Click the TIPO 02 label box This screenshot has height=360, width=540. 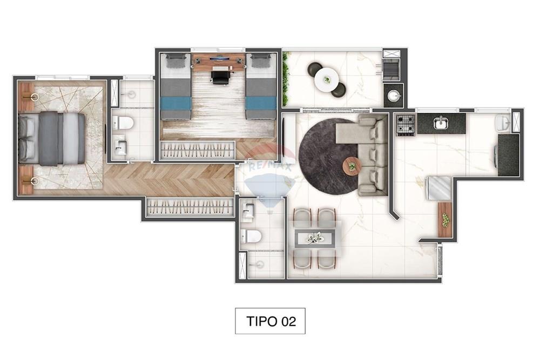pyautogui.click(x=271, y=321)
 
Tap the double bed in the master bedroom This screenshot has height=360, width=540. pyautogui.click(x=52, y=138)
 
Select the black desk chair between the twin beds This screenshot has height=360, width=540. pyautogui.click(x=220, y=77)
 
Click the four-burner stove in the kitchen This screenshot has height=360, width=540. pyautogui.click(x=406, y=125)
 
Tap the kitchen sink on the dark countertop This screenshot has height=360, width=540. pyautogui.click(x=441, y=123)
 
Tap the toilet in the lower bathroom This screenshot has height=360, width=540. pyautogui.click(x=252, y=236)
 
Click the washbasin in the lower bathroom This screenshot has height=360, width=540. pyautogui.click(x=248, y=212)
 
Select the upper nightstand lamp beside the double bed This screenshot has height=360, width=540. pyautogui.click(x=33, y=97)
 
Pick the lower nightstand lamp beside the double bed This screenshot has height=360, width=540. pyautogui.click(x=33, y=181)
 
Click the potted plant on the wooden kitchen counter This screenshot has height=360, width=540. pyautogui.click(x=445, y=220)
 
